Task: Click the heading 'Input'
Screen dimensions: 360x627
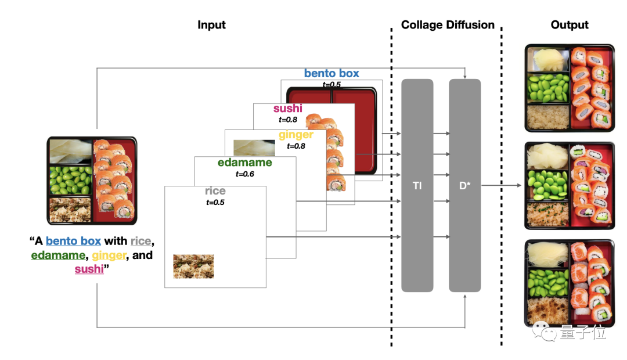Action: tap(211, 25)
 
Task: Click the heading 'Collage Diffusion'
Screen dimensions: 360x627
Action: tap(448, 25)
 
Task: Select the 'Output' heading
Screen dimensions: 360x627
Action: tap(569, 25)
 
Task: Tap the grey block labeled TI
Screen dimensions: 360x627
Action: tap(417, 185)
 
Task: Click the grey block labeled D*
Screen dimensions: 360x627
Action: tap(464, 185)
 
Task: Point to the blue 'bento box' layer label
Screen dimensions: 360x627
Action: tap(331, 74)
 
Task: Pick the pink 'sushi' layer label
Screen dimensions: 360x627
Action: tap(288, 109)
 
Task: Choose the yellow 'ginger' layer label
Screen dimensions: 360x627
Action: tap(296, 135)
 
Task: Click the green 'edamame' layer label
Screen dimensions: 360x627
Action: tap(245, 163)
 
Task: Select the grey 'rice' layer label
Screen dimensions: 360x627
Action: tap(215, 191)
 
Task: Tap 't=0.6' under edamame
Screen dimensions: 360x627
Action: tap(245, 174)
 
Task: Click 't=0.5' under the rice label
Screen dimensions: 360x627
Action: tap(215, 202)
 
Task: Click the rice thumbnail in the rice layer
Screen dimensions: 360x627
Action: tap(193, 267)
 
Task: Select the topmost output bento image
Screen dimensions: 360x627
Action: tap(569, 88)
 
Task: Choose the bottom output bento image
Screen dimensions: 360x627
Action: tap(569, 283)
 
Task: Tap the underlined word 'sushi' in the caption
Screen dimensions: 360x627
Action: tap(89, 269)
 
